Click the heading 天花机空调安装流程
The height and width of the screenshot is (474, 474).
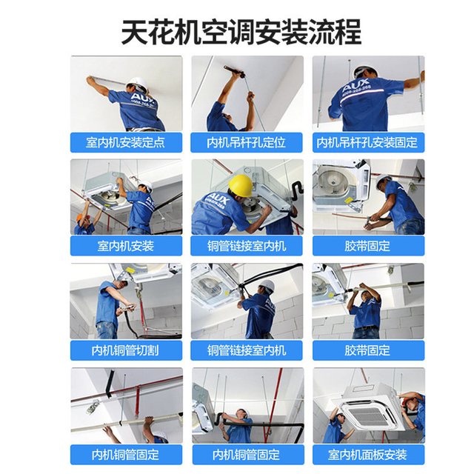[241, 32]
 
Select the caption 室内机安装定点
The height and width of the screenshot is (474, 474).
[125, 142]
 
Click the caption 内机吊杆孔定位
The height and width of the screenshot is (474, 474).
[246, 142]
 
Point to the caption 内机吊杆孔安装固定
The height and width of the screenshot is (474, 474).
[367, 142]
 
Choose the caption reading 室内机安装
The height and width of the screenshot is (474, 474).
[125, 246]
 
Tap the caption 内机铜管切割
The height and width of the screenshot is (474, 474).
[125, 350]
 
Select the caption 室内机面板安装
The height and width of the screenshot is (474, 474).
[367, 455]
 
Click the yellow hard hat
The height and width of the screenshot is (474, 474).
[241, 185]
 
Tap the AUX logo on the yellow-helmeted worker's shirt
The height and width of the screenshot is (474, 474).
[217, 198]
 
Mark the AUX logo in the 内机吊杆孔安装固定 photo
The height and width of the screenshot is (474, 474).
[355, 85]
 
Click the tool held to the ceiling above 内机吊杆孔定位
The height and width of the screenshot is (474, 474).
[234, 71]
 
